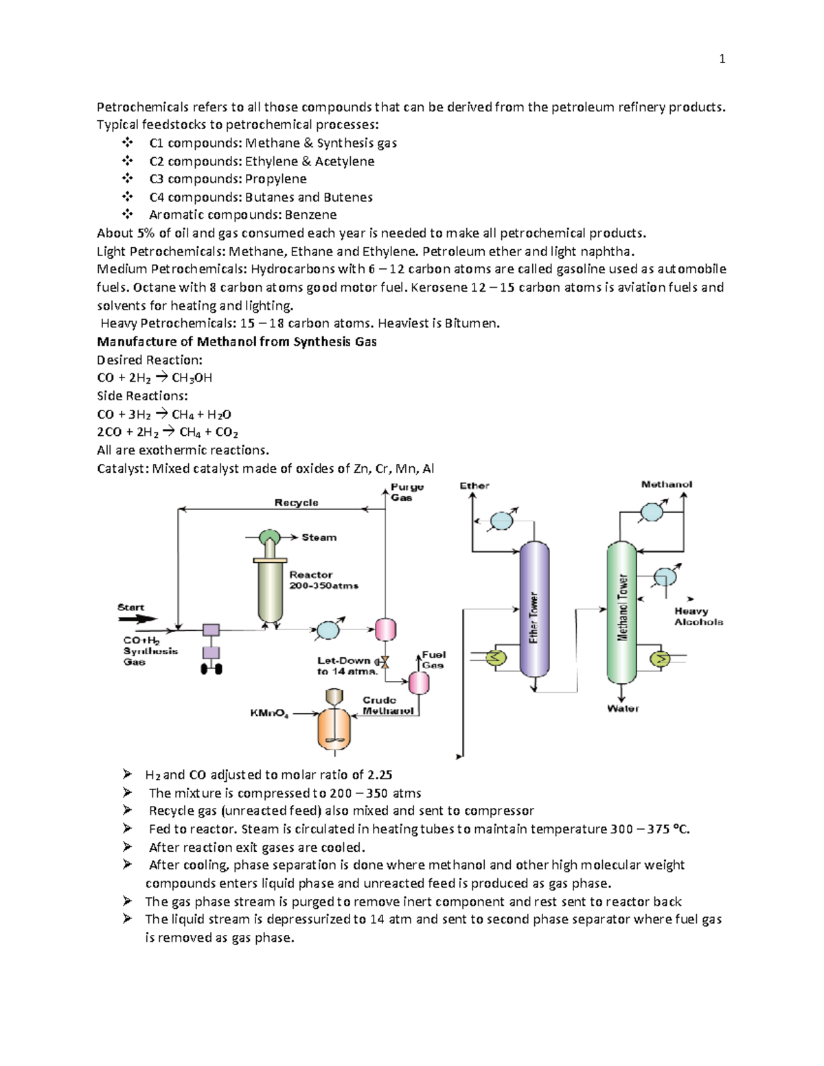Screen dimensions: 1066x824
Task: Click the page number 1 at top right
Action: coord(722,59)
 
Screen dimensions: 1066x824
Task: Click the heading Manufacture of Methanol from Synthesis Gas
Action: coord(236,342)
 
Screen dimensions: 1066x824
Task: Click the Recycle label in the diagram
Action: coord(296,502)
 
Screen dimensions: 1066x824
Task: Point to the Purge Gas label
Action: coord(407,492)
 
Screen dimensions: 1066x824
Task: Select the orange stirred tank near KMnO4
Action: coord(334,728)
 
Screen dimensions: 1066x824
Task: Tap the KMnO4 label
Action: coord(269,714)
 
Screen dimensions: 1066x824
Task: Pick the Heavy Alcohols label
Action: coord(698,616)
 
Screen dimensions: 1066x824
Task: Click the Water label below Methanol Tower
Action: coord(623,708)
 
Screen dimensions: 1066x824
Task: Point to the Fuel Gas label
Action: coord(433,660)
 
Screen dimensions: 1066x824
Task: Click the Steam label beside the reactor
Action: coord(319,537)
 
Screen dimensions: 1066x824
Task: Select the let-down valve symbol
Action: coord(385,662)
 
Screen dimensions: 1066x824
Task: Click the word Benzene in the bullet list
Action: coord(310,215)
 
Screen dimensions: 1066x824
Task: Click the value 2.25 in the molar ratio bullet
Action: coord(380,775)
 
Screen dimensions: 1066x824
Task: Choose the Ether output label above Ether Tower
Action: coord(474,486)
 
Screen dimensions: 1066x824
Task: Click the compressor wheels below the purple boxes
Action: coord(211,669)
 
